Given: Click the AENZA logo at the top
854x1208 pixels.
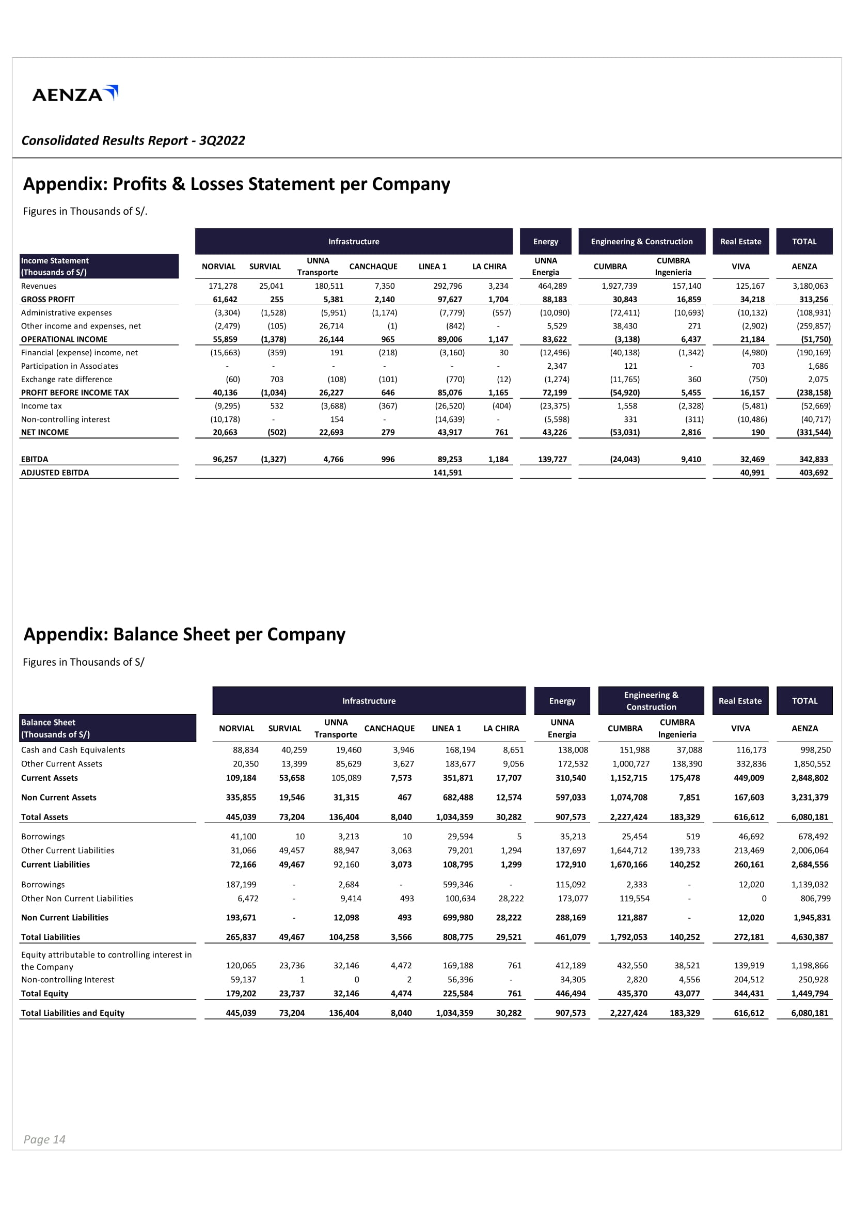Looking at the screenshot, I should [x=75, y=94].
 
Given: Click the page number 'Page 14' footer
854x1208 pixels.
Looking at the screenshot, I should [x=44, y=1139].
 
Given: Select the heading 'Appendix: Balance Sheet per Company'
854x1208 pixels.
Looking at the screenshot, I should [x=184, y=635].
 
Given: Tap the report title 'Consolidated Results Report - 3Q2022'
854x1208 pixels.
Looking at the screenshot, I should [x=133, y=140].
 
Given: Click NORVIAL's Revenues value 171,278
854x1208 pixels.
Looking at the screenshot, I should [x=223, y=286].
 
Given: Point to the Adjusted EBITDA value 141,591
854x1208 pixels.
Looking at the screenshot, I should [x=448, y=473].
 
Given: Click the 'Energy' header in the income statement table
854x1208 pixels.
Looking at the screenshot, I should [x=545, y=242].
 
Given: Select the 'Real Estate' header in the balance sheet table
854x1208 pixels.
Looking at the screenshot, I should [x=740, y=701].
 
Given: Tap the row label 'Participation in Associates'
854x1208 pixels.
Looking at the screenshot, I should [x=69, y=366].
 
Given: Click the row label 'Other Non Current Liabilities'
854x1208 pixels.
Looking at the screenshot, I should [x=77, y=899].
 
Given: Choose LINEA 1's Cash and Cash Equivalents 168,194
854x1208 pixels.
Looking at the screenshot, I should [x=460, y=750].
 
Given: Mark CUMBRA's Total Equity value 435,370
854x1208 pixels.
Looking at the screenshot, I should [x=628, y=993].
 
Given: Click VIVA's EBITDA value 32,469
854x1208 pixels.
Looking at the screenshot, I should [x=752, y=459].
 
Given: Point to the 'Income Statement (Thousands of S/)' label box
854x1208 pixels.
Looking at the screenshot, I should [x=99, y=266].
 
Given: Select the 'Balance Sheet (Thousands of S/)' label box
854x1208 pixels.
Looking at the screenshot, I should [x=107, y=728].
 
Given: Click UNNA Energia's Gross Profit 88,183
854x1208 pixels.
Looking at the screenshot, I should [x=555, y=300].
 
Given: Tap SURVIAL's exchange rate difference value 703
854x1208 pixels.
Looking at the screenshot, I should [x=277, y=380].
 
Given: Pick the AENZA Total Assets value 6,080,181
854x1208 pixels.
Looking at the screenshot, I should [x=810, y=817].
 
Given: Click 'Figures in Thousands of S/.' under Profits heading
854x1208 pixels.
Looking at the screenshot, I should [x=85, y=212].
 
